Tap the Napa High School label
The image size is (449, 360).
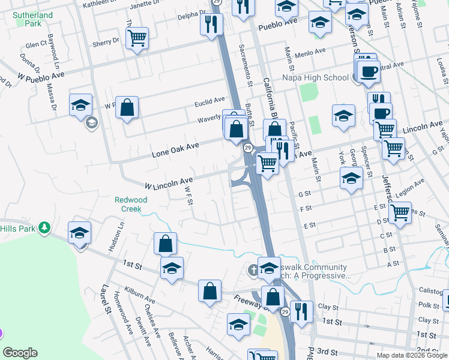coord(315,77)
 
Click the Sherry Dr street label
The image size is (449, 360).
coord(106,42)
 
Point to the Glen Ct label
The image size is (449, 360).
coord(36,44)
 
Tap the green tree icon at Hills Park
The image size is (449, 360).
coord(43,227)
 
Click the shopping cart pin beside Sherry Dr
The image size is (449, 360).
coord(137,38)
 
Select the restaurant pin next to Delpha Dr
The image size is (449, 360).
coord(211,23)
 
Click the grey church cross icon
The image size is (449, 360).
coord(253,271)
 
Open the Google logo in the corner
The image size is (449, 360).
coord(20,353)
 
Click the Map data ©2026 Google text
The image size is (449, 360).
coord(412,355)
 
